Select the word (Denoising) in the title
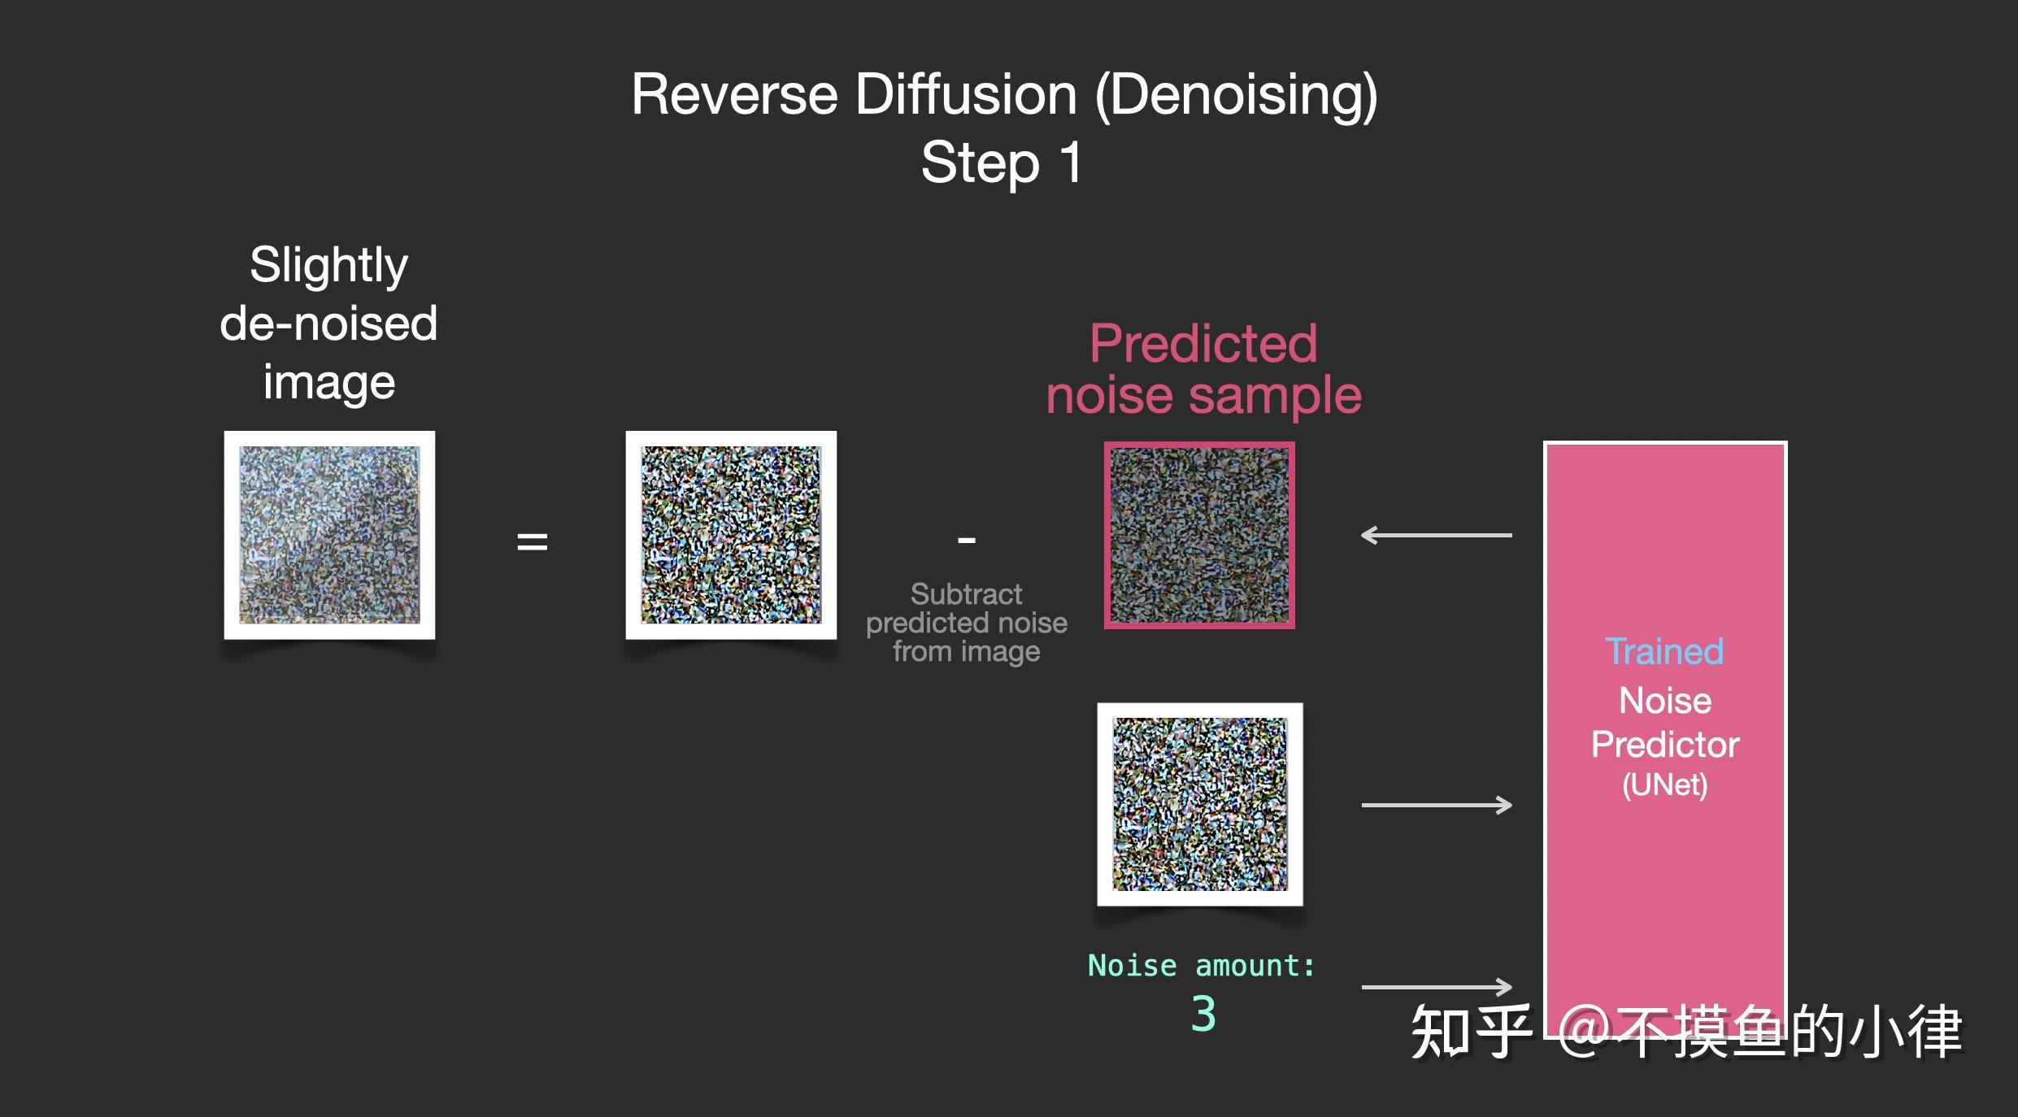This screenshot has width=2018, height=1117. [1236, 96]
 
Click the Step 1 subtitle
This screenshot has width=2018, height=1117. [1002, 163]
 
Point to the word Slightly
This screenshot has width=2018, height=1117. [328, 265]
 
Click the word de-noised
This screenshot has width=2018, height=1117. [328, 324]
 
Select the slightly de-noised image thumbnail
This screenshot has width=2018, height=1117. [329, 535]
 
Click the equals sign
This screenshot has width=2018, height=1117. [533, 541]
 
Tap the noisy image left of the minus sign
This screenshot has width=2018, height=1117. [731, 535]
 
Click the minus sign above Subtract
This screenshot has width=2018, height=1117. [966, 539]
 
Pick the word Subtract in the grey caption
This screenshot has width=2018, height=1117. [966, 594]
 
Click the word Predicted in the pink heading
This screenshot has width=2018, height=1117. [1203, 343]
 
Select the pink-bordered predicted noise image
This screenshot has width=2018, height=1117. [1199, 535]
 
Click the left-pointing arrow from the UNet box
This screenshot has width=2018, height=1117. [1436, 535]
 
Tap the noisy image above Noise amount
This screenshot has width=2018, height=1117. [1200, 804]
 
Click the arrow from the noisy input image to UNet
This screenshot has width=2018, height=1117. [1436, 805]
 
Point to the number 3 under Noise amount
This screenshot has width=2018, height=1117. [1203, 1014]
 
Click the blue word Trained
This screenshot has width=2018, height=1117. [1664, 651]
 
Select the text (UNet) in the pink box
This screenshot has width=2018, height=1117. [1664, 785]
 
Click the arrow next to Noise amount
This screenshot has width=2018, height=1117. [1436, 987]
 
